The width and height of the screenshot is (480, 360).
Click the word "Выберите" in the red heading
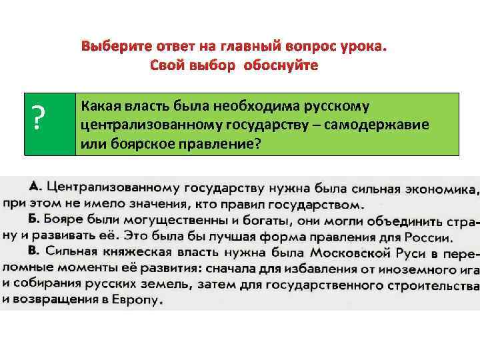pos(113,48)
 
